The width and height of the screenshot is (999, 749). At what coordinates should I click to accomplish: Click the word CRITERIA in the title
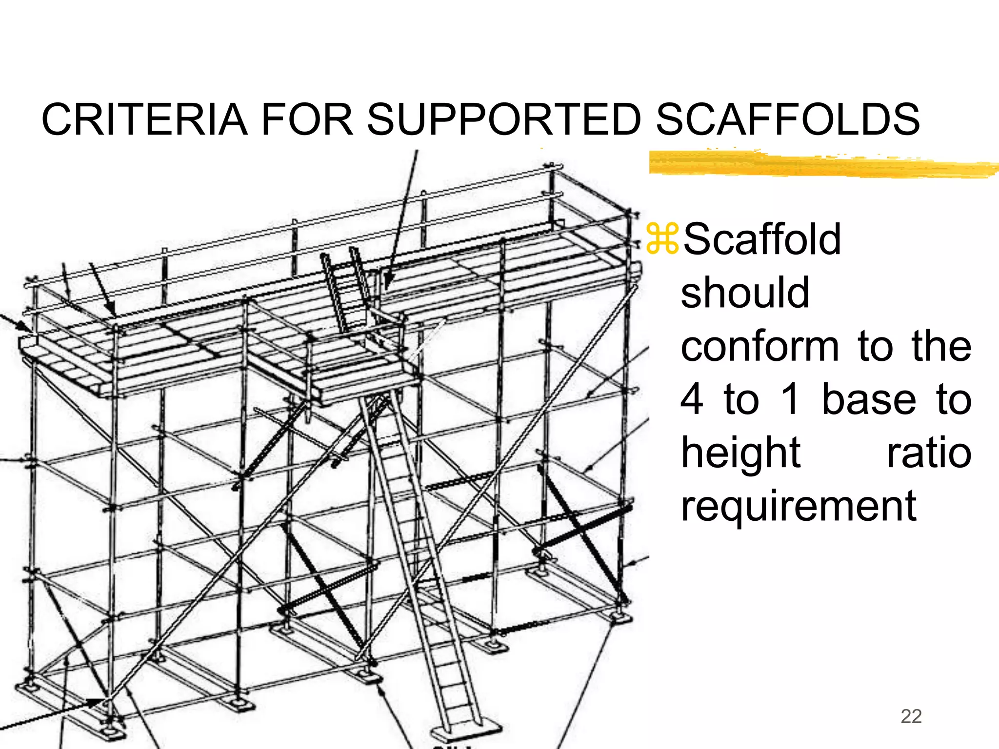(x=144, y=120)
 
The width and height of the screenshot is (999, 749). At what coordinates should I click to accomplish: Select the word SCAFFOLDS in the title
(x=787, y=120)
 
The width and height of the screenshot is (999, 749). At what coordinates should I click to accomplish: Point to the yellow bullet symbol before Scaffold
(x=662, y=239)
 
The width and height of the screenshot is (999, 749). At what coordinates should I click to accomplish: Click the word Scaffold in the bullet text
(x=762, y=239)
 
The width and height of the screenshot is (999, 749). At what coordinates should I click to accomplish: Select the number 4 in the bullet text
(x=692, y=399)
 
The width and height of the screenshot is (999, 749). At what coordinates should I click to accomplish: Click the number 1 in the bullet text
(x=790, y=399)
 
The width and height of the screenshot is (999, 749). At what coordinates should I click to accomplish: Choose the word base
(x=869, y=399)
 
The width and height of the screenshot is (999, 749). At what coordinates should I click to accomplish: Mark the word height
(x=740, y=453)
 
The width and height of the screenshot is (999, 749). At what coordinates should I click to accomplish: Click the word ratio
(x=929, y=453)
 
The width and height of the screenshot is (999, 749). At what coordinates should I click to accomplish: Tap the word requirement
(x=799, y=507)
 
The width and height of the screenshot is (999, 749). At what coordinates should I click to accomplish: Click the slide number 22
(x=911, y=716)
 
